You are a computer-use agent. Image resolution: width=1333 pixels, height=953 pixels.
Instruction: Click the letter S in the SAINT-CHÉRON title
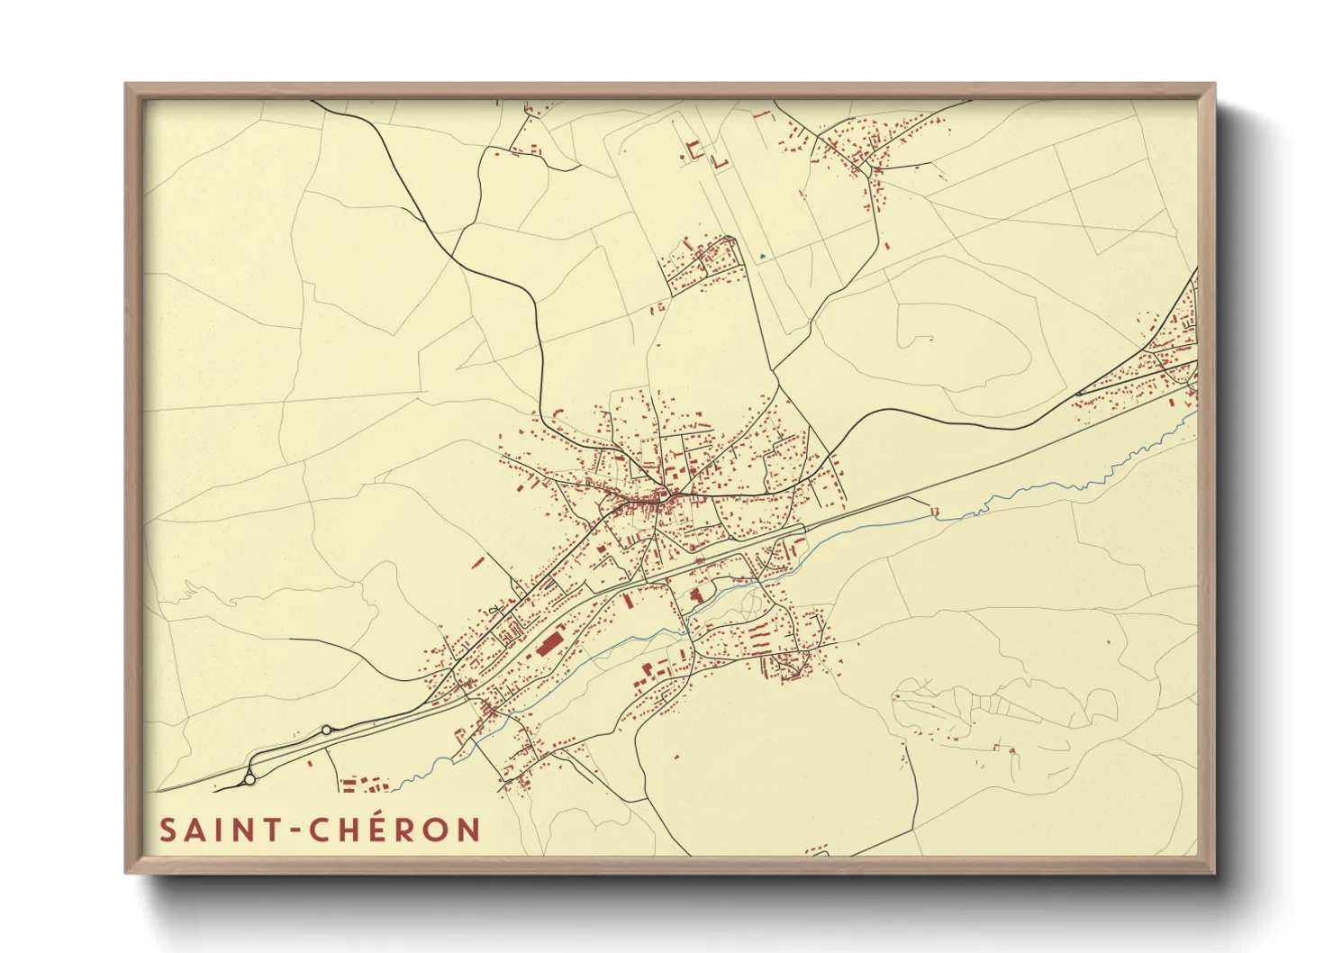click(168, 830)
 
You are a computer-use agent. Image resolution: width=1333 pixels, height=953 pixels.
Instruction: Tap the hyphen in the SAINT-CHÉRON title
click(294, 830)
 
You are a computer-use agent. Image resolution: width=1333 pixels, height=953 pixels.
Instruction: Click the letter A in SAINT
click(194, 830)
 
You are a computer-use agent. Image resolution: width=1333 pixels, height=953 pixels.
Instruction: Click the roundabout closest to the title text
click(249, 778)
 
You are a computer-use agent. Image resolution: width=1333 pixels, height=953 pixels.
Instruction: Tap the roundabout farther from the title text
click(325, 731)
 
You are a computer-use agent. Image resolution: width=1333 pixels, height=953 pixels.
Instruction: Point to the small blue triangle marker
click(762, 257)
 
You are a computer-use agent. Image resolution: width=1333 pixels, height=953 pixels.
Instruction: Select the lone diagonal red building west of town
click(478, 562)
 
